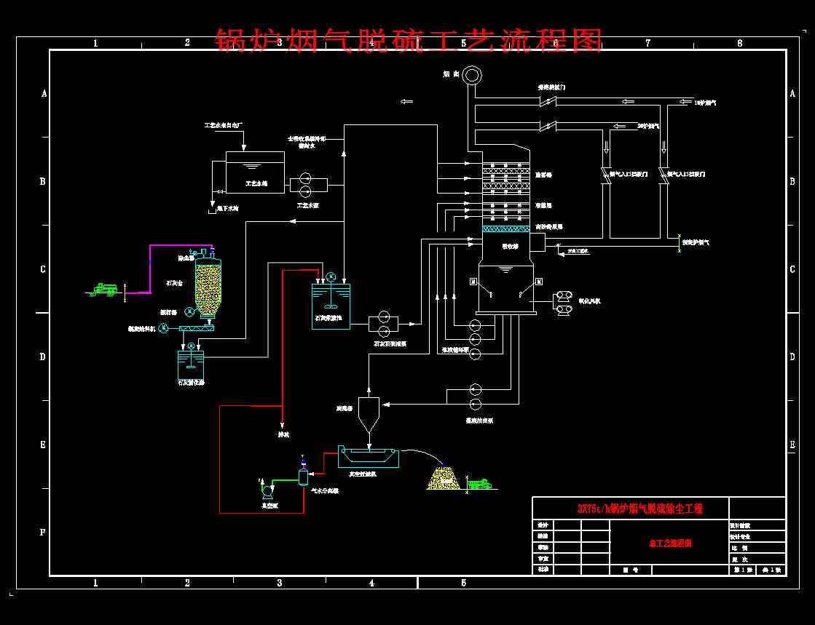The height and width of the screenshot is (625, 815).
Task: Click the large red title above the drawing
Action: tap(409, 41)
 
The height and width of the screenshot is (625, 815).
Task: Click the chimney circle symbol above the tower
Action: tap(472, 75)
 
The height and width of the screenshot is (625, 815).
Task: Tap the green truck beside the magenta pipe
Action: tap(106, 288)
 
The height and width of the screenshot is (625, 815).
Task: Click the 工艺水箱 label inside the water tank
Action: tap(255, 184)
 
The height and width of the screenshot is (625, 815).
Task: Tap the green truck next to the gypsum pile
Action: tap(479, 483)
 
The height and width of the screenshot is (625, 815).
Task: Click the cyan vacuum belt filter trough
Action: tap(369, 456)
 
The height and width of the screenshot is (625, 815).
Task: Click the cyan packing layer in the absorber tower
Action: tap(506, 228)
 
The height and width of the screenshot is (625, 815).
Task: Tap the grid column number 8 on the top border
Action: tap(740, 43)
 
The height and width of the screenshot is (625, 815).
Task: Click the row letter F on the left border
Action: tap(43, 533)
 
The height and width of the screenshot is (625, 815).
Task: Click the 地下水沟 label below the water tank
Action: tap(228, 209)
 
